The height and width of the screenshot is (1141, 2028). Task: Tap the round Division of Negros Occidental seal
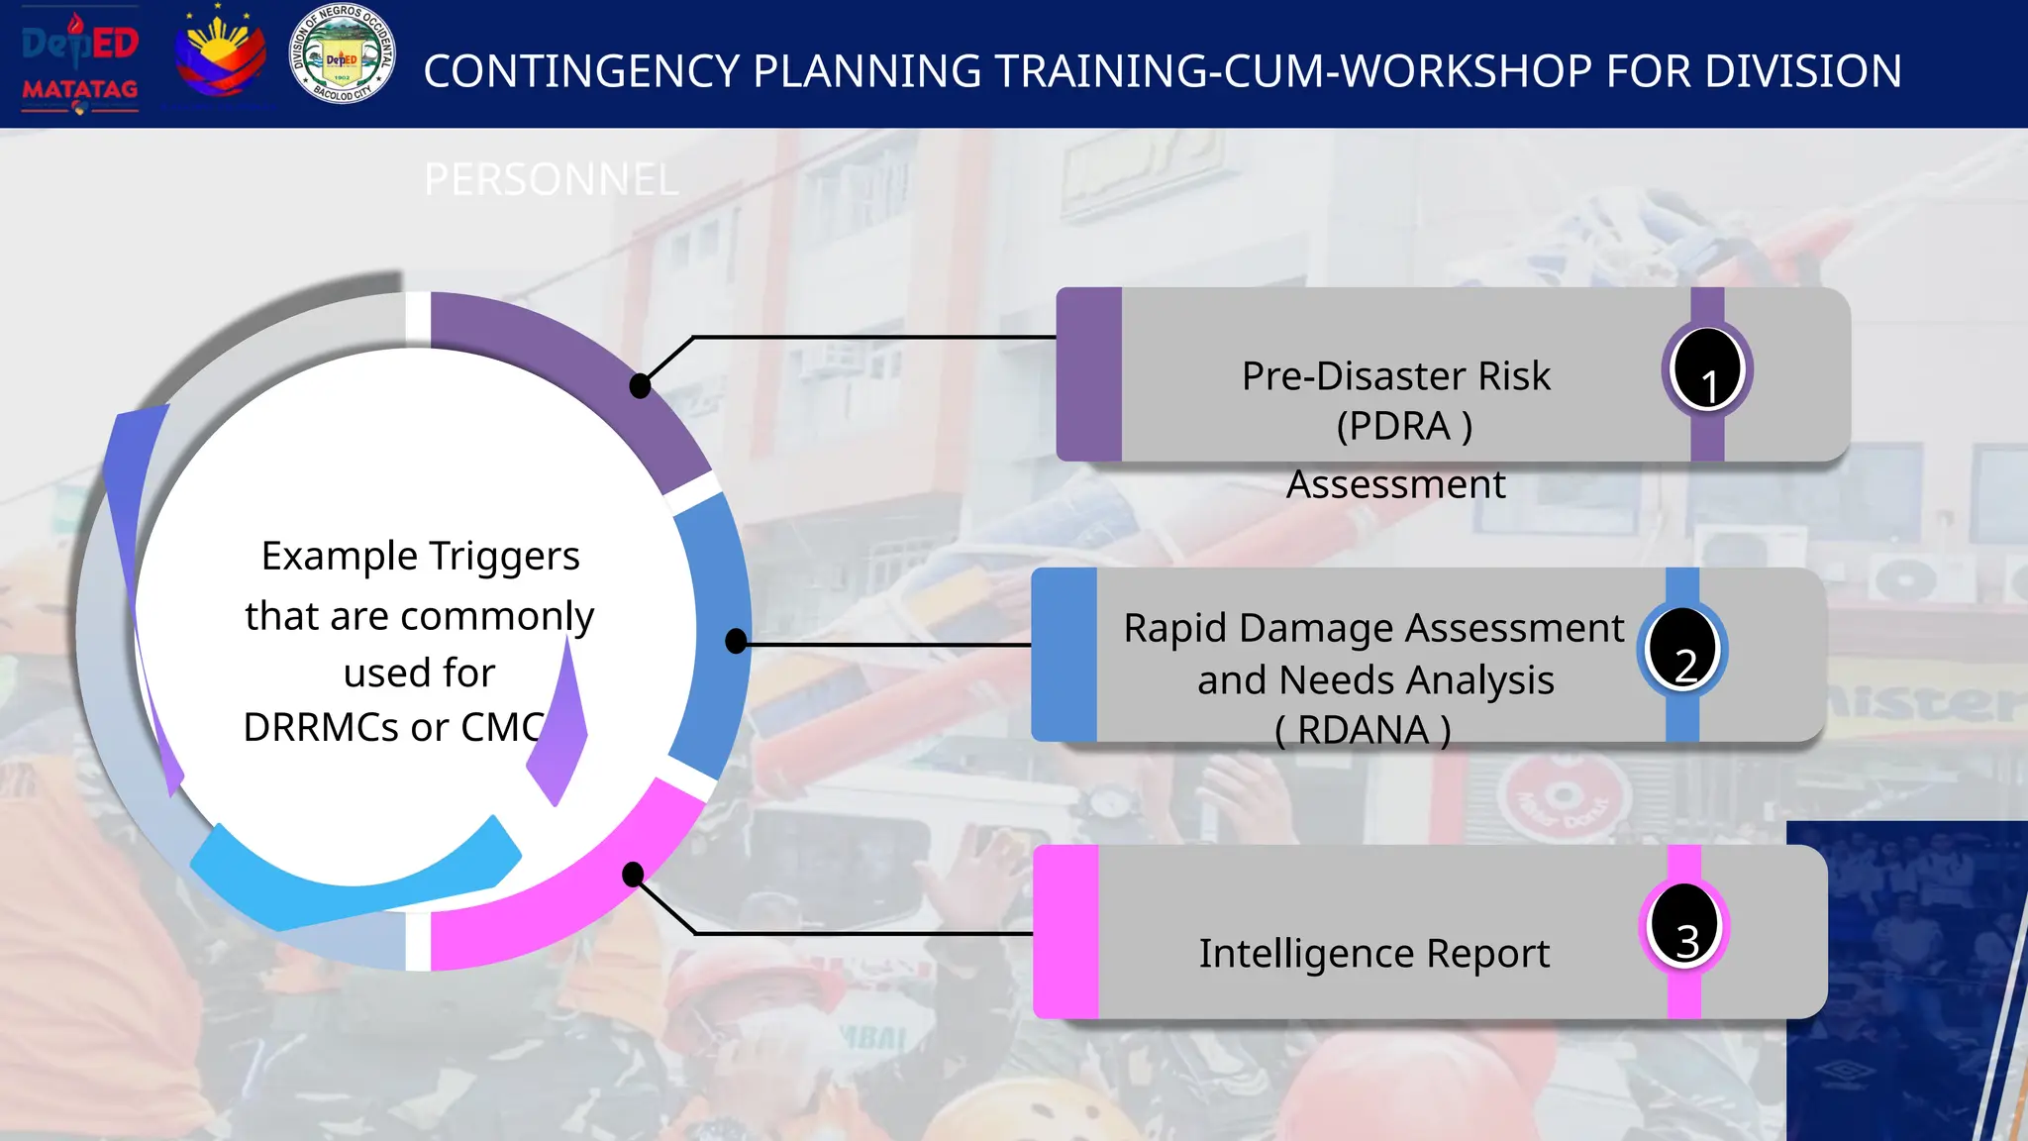pyautogui.click(x=342, y=53)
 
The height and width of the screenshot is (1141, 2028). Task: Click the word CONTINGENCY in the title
pyautogui.click(x=581, y=71)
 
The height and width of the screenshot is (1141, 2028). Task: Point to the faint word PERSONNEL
pyautogui.click(x=551, y=180)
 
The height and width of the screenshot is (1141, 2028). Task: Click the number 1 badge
pyautogui.click(x=1707, y=370)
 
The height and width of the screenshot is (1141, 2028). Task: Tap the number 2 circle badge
pyautogui.click(x=1682, y=651)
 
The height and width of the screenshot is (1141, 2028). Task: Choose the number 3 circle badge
pyautogui.click(x=1684, y=927)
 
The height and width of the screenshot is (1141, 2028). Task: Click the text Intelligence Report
pyautogui.click(x=1373, y=953)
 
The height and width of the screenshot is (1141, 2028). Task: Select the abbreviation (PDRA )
pyautogui.click(x=1403, y=426)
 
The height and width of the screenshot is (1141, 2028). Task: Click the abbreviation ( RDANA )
pyautogui.click(x=1363, y=730)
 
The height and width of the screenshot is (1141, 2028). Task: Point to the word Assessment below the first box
pyautogui.click(x=1395, y=484)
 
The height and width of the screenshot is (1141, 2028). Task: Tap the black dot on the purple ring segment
pyautogui.click(x=641, y=386)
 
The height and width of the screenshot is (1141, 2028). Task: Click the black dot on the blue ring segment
pyautogui.click(x=736, y=641)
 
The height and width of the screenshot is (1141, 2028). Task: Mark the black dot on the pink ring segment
pyautogui.click(x=633, y=874)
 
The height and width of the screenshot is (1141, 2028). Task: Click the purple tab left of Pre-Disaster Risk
pyautogui.click(x=1088, y=374)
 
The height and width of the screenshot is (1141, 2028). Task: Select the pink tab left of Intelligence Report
pyautogui.click(x=1065, y=931)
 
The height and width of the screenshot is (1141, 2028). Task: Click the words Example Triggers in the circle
pyautogui.click(x=420, y=557)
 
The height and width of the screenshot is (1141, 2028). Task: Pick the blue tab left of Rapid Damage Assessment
pyautogui.click(x=1064, y=655)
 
